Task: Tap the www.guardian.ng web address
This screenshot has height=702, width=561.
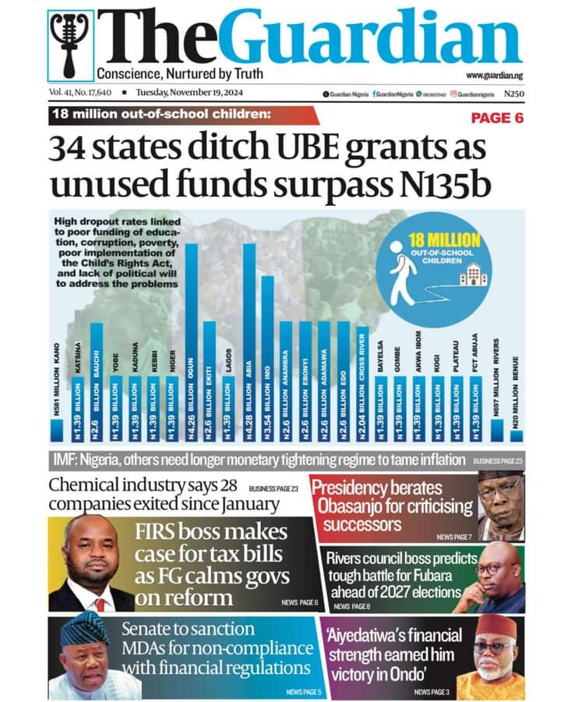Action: (x=496, y=75)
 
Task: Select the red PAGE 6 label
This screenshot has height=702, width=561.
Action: (x=497, y=118)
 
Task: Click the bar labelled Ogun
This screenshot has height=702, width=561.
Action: (x=191, y=343)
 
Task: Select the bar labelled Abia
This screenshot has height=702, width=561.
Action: (x=249, y=343)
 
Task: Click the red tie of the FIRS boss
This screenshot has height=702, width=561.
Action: (x=100, y=604)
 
